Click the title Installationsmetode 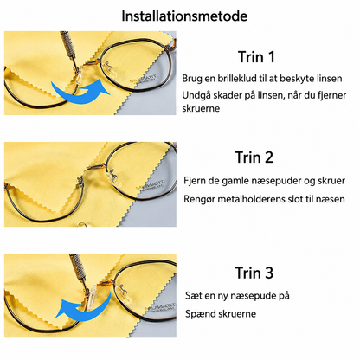(184, 16)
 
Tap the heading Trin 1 (256, 57)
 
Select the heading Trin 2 (254, 157)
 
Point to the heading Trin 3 (254, 273)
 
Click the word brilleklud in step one (237, 79)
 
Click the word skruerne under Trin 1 (201, 108)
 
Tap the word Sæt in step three (191, 295)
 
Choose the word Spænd (198, 314)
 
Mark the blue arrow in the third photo (84, 309)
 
